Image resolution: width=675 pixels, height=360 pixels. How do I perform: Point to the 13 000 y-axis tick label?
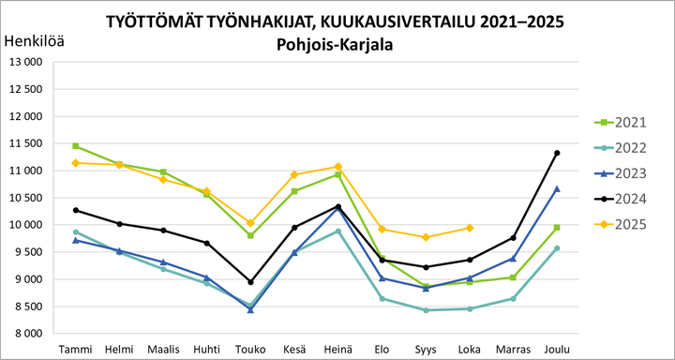26,62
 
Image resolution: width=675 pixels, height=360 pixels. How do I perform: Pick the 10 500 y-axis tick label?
26,198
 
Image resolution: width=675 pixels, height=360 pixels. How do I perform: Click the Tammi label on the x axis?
76,349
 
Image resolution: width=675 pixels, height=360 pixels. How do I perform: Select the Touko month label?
251,349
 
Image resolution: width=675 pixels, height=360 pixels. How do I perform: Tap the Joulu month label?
558,349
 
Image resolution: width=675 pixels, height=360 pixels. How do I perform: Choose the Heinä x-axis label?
338,349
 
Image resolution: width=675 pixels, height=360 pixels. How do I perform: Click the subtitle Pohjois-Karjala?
336,43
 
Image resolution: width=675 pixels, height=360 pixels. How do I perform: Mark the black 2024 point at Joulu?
558,153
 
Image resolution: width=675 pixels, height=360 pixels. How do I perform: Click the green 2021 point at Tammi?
76,146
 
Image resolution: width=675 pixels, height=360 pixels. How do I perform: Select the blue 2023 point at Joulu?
558,188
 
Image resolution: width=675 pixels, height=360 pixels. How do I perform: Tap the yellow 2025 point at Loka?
470,228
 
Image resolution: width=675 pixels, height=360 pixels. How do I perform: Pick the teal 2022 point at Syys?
427,310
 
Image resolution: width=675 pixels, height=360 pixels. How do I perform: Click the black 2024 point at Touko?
251,282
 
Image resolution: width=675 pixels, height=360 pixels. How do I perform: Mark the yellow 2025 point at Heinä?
338,167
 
